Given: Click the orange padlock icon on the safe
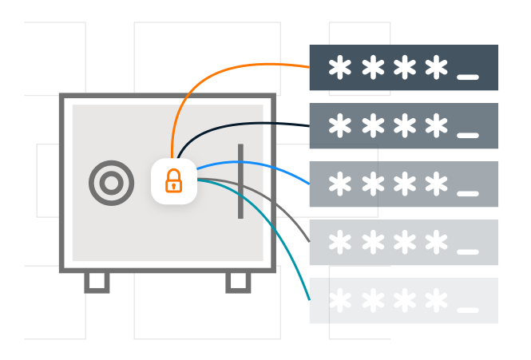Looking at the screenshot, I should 173,181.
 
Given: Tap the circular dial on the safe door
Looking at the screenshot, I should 112,184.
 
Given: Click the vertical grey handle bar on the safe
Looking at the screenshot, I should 240,181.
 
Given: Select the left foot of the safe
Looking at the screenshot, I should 97,281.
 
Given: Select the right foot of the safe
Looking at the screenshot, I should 238,281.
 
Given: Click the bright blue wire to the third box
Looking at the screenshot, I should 264,164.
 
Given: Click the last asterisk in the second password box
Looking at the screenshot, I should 436,126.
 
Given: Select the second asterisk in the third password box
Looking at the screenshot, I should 372,184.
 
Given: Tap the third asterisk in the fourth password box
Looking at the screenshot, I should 404,243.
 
